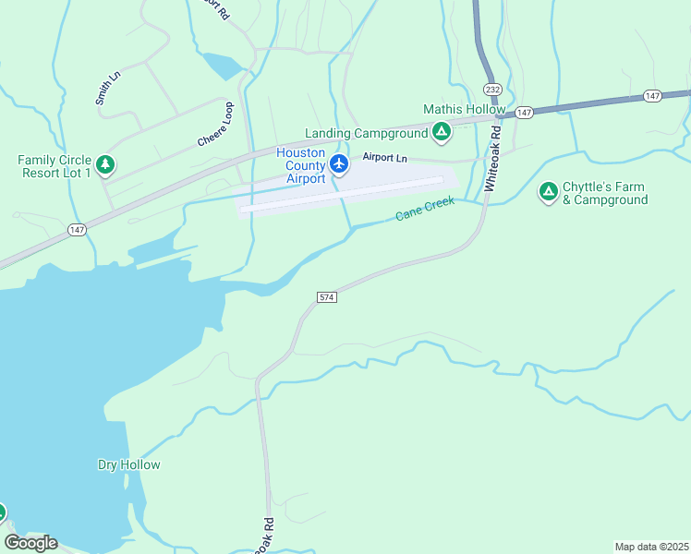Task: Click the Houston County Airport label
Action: [x=301, y=165]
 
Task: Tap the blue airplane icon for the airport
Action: [x=339, y=164]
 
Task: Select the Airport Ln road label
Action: [x=384, y=158]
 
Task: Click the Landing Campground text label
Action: [x=367, y=133]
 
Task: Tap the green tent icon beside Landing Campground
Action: [x=442, y=133]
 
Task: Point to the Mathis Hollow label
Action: [x=464, y=109]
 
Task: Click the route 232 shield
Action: [x=491, y=90]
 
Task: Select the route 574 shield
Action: [x=326, y=297]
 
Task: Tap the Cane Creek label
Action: [x=427, y=210]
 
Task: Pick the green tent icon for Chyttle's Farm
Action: [x=548, y=191]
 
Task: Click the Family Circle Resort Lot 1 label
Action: [x=55, y=166]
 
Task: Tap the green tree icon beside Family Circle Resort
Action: [x=106, y=165]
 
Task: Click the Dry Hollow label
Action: [x=129, y=464]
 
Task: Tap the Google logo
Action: [x=30, y=543]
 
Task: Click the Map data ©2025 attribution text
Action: [x=651, y=547]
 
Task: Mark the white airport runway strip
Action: [x=342, y=194]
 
